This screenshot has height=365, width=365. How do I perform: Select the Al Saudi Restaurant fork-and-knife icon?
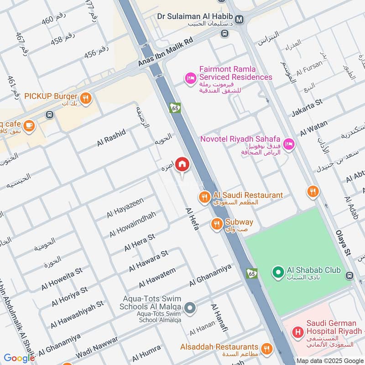point(204,197)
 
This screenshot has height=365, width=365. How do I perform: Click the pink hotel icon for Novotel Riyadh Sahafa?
point(288,144)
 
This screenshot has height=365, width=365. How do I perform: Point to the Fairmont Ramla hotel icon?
point(190,79)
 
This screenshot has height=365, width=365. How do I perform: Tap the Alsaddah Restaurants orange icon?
point(266,349)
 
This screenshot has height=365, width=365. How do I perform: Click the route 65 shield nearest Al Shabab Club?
point(251,273)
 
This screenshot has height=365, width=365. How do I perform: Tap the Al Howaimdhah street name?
point(132,224)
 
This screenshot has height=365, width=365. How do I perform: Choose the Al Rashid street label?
point(111,138)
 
